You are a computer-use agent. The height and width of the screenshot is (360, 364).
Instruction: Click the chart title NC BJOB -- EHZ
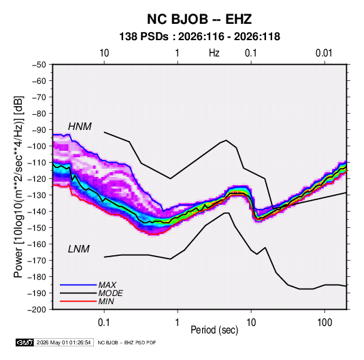199,19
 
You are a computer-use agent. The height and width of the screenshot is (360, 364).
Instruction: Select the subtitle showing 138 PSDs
199,37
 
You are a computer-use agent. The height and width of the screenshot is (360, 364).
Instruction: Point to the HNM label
80,127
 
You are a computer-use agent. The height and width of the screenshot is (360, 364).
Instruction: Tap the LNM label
79,249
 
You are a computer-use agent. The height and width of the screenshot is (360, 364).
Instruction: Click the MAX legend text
107,284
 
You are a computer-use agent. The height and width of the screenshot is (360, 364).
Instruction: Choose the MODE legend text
110,293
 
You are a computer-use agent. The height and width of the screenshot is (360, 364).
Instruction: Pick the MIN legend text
106,301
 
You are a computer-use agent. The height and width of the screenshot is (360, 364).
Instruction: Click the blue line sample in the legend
78,284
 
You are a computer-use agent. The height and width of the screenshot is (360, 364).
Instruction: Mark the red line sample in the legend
78,301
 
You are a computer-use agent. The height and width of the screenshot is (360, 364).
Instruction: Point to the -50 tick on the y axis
39,65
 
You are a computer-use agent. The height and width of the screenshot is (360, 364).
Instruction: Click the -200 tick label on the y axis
37,310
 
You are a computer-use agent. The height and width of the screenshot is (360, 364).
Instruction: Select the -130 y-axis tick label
37,195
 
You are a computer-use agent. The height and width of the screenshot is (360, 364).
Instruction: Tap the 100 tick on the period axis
325,323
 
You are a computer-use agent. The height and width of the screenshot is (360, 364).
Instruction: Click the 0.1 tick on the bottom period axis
103,323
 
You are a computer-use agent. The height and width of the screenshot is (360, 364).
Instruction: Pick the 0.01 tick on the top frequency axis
324,53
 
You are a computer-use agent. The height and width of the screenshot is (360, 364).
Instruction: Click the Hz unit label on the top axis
214,53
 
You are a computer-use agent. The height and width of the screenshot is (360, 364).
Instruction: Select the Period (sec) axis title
214,330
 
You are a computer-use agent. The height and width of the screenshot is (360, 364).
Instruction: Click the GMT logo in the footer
25,342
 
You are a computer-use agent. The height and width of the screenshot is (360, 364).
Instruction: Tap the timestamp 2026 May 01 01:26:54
63,342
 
